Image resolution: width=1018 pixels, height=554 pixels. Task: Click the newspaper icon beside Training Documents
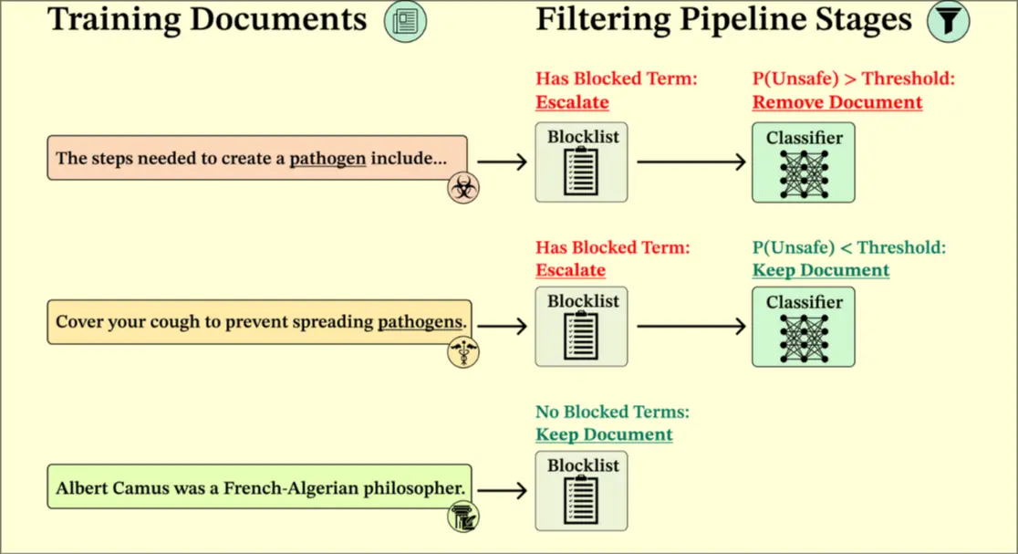(x=405, y=21)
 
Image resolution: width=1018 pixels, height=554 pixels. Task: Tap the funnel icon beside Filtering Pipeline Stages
(x=948, y=21)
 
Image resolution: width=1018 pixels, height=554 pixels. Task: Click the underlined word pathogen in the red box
(x=327, y=158)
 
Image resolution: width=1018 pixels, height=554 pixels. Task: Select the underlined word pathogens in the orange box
(x=421, y=321)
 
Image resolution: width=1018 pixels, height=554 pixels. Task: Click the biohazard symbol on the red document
(x=463, y=188)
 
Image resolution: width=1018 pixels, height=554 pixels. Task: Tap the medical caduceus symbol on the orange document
(x=463, y=351)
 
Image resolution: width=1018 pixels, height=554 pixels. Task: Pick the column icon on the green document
(x=463, y=517)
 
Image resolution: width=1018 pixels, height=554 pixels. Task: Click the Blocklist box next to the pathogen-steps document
(x=581, y=162)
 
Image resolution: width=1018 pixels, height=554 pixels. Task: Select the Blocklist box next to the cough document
(x=581, y=326)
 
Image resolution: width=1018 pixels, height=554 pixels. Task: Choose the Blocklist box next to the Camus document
(x=581, y=490)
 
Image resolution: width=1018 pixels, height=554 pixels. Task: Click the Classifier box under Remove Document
(x=803, y=162)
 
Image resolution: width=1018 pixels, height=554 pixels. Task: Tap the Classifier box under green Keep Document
(x=803, y=327)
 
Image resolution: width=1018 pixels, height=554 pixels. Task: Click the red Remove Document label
(x=836, y=102)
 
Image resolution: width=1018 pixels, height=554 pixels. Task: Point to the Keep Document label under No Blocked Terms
(x=604, y=434)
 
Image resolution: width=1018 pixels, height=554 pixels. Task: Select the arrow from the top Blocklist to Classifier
(x=691, y=162)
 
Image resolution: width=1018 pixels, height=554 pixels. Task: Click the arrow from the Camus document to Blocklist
(x=503, y=490)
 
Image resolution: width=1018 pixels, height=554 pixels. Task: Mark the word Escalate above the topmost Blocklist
(x=572, y=102)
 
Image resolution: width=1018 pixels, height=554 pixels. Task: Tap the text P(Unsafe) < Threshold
(x=848, y=247)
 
